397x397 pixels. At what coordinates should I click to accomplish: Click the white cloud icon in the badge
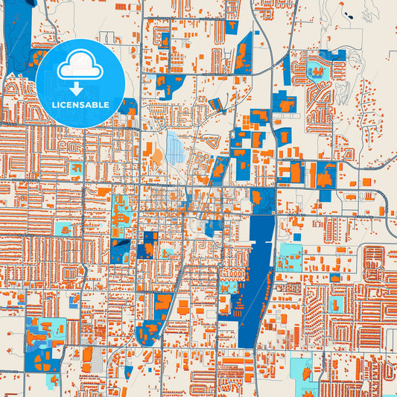pyautogui.click(x=80, y=66)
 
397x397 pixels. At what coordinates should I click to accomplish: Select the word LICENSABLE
pyautogui.click(x=80, y=105)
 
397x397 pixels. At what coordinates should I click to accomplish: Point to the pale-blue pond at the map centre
pyautogui.click(x=176, y=147)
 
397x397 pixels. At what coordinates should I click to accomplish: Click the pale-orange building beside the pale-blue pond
pyautogui.click(x=156, y=154)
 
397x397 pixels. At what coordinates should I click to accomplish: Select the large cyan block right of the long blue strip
pyautogui.click(x=289, y=256)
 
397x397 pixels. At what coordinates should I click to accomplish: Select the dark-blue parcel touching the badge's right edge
pyautogui.click(x=127, y=107)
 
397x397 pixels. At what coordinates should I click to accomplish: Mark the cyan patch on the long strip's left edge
pyautogui.click(x=233, y=286)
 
